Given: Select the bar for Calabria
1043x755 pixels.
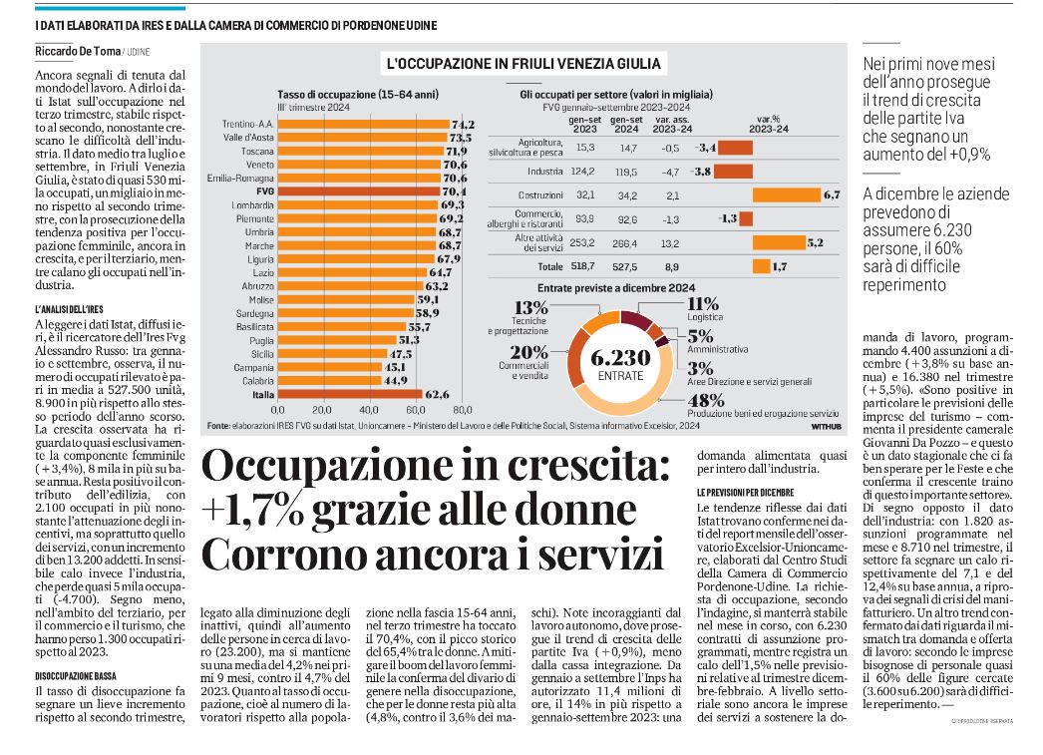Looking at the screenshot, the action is (329, 381).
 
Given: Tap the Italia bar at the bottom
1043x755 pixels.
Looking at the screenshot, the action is (350, 395).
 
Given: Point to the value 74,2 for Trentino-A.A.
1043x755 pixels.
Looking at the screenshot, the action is (463, 125).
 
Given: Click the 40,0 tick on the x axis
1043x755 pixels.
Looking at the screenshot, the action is (369, 411).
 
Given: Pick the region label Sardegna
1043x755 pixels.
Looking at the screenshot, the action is (254, 313).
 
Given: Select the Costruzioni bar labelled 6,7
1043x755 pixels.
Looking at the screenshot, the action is (787, 194).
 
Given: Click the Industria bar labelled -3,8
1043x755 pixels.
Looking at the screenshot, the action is (735, 172).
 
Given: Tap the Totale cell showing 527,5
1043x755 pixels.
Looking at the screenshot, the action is (624, 266).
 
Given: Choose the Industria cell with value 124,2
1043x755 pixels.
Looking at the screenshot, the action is (582, 172).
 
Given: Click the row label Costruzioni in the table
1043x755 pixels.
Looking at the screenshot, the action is (540, 194).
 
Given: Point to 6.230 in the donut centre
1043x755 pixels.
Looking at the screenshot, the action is (620, 358).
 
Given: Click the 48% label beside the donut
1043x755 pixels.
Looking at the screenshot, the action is (706, 401).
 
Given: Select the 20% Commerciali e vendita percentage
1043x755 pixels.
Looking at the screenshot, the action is (529, 352).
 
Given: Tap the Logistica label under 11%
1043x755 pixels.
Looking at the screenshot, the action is (705, 317).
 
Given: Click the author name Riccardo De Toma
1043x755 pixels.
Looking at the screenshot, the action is (78, 51).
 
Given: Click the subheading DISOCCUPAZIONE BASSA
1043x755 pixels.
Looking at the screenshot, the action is (76, 676).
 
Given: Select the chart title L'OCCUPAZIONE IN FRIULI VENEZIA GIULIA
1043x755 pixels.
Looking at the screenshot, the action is (523, 64).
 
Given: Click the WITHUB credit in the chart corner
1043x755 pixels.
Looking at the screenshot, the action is (827, 427).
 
